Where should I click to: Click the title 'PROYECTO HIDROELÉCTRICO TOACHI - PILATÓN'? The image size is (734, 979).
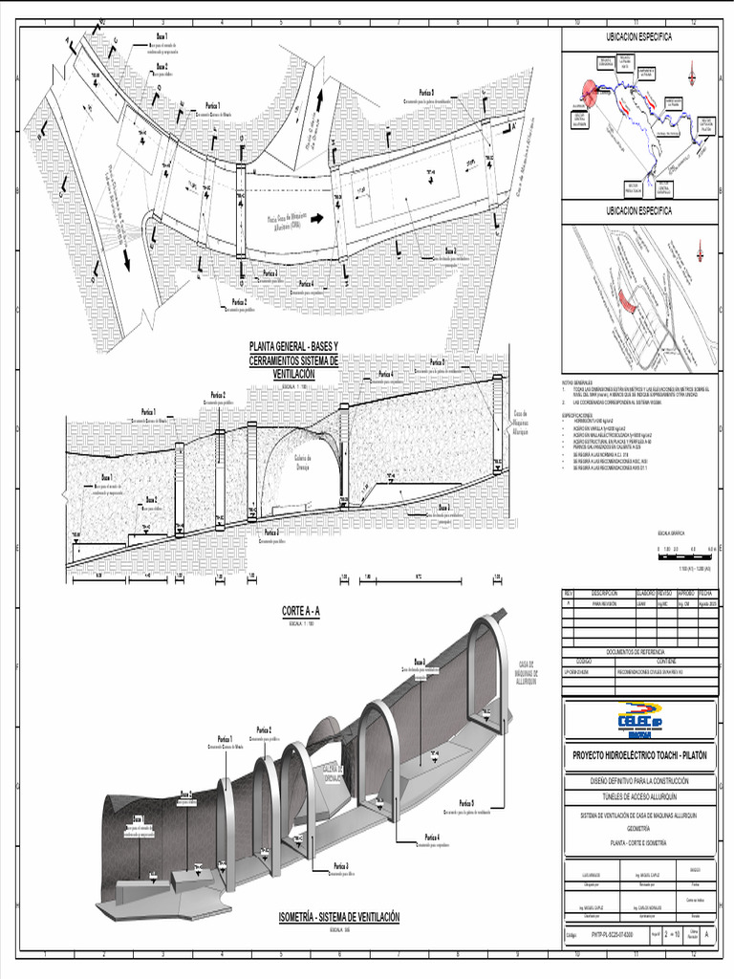tap(639, 755)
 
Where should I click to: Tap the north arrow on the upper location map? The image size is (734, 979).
tap(691, 72)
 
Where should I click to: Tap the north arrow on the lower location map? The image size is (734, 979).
tap(701, 250)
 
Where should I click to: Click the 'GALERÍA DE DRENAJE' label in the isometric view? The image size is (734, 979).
tap(332, 772)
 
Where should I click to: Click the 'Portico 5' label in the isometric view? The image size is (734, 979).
tap(466, 803)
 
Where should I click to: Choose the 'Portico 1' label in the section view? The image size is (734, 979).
tap(146, 413)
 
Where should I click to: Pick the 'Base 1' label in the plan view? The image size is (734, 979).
tap(148, 35)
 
